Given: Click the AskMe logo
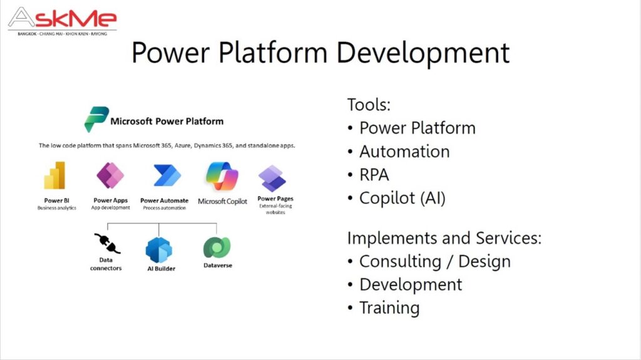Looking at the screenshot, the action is (63, 21).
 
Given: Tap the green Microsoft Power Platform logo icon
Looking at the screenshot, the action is (96, 119).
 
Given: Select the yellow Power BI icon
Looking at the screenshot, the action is (55, 175).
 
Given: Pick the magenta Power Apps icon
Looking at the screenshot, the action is (110, 175).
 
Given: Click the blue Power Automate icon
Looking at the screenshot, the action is (167, 175).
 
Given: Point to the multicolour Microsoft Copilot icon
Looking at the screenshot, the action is (222, 177).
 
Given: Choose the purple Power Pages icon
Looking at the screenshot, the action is (272, 178).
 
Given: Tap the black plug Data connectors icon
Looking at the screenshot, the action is (107, 243).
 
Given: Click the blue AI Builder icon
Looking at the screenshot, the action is (159, 250).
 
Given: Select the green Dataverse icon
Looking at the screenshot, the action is (217, 247).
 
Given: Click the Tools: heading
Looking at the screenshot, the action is (369, 105).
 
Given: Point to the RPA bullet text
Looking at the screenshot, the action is (374, 175).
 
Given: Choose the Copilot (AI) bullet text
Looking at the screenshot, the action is (403, 198).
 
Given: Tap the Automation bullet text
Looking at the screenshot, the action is (405, 152).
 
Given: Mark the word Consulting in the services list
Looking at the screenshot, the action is (400, 262).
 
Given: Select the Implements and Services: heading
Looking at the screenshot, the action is (444, 239).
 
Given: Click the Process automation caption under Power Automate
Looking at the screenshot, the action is (165, 208).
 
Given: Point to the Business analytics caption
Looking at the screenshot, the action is (57, 208).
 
